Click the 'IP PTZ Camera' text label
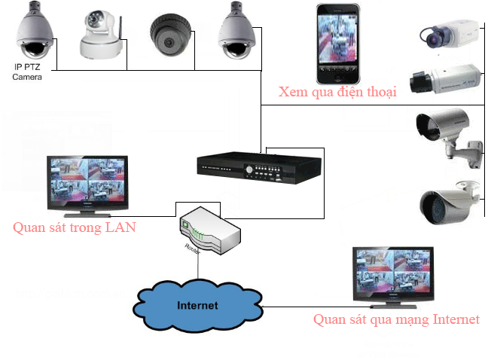pyautogui.click(x=27, y=73)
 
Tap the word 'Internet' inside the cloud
pyautogui.click(x=197, y=305)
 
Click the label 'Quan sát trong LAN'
pyautogui.click(x=74, y=227)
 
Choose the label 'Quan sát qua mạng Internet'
pyautogui.click(x=396, y=319)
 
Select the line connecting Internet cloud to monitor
pyautogui.click(x=309, y=307)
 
